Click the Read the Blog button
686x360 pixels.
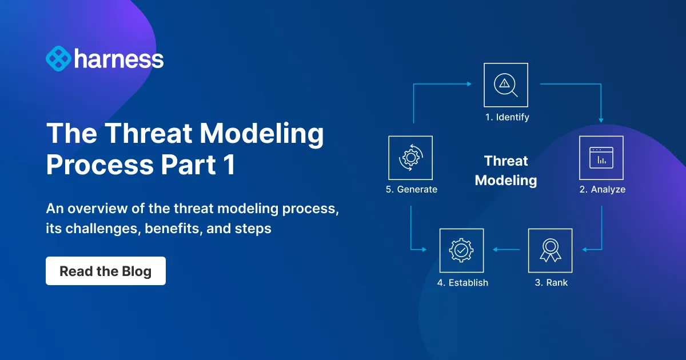coord(106,271)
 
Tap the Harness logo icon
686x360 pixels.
coord(58,59)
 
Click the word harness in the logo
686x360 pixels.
coord(118,59)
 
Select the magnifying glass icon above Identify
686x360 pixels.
coord(506,85)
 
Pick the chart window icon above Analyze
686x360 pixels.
coord(601,158)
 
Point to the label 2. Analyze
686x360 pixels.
coord(602,189)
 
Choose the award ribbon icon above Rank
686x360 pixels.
coord(550,250)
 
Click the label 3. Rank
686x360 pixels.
coord(551,282)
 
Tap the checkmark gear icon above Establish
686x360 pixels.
coord(461,250)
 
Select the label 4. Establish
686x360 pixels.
coord(462,282)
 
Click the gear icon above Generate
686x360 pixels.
coord(410,158)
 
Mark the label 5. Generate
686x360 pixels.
coord(411,189)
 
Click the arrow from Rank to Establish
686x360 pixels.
coord(506,250)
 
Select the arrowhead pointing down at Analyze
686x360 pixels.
coord(601,121)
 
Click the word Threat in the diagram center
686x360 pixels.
coord(506,161)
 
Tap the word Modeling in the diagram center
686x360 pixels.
coord(506,181)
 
